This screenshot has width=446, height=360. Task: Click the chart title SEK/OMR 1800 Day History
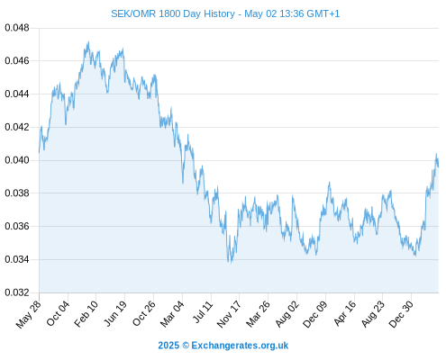pyautogui.click(x=173, y=13)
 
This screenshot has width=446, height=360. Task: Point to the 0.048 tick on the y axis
pyautogui.click(x=17, y=28)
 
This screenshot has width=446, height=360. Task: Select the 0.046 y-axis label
pyautogui.click(x=17, y=61)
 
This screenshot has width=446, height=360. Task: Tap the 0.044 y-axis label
pyautogui.click(x=17, y=94)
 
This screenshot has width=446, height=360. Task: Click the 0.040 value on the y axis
pyautogui.click(x=17, y=160)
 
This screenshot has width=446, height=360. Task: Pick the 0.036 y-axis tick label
pyautogui.click(x=17, y=226)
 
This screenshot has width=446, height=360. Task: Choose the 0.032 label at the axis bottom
pyautogui.click(x=17, y=292)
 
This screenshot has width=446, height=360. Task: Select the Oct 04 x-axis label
pyautogui.click(x=58, y=313)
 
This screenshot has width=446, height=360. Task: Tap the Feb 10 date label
pyautogui.click(x=86, y=314)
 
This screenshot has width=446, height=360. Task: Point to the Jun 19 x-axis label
pyautogui.click(x=115, y=314)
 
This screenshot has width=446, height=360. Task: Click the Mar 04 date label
pyautogui.click(x=172, y=314)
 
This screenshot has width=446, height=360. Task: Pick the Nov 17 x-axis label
pyautogui.click(x=229, y=314)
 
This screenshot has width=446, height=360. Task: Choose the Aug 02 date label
pyautogui.click(x=287, y=314)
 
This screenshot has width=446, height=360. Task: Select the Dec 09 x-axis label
pyautogui.click(x=314, y=314)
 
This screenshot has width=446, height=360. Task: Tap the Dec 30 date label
pyautogui.click(x=401, y=314)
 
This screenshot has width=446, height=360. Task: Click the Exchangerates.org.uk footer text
pyautogui.click(x=240, y=346)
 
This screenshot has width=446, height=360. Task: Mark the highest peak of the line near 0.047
pyautogui.click(x=88, y=42)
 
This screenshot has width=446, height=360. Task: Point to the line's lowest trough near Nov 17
pyautogui.click(x=231, y=262)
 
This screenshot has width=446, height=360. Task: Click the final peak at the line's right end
pyautogui.click(x=436, y=154)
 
